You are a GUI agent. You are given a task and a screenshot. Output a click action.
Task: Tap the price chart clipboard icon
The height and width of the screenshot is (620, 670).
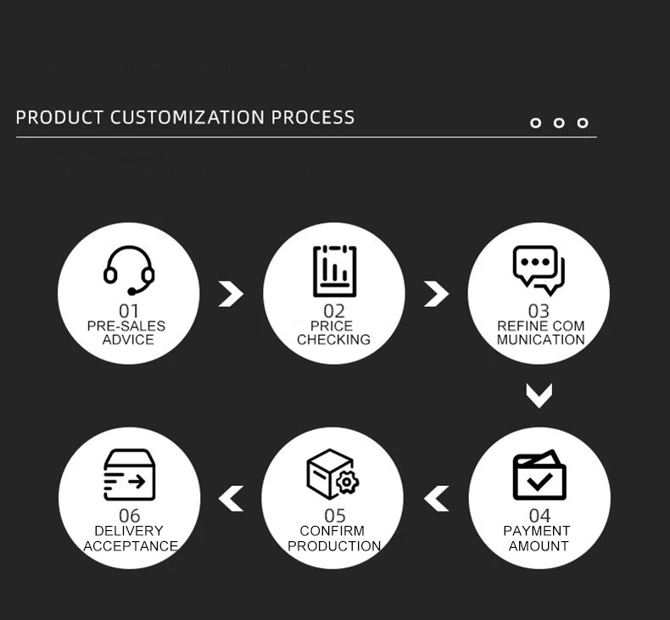334,271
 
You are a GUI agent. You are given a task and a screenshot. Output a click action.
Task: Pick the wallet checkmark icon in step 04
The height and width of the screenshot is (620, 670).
539,476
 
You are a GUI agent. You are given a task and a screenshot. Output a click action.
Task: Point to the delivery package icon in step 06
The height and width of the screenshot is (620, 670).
129,475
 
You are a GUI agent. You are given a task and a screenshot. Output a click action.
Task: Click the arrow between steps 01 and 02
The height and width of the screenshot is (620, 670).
230,293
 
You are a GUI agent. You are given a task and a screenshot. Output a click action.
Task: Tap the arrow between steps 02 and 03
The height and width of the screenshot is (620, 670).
436,293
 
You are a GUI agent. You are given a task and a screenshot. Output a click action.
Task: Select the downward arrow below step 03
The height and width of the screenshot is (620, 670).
539,394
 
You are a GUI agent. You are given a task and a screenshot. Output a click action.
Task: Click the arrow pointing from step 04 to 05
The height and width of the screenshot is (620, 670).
437,499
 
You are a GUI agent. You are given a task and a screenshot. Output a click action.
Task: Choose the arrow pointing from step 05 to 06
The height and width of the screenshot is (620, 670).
231,499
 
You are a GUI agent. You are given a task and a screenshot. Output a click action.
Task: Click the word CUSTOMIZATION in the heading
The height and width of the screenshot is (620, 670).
187,117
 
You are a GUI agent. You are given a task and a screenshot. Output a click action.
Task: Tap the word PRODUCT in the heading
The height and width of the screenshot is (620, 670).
59,117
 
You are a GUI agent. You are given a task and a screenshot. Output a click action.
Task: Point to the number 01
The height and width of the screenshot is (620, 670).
128,311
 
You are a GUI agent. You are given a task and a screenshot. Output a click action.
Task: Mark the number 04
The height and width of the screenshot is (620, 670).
539,516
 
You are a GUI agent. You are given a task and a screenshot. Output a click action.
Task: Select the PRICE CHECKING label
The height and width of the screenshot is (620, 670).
333,332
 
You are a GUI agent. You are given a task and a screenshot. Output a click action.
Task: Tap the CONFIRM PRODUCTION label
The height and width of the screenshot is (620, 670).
333,539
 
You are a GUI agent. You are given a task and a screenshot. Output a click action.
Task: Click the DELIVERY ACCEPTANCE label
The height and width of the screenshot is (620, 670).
130,539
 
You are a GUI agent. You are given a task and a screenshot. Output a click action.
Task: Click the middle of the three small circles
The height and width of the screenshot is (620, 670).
559,123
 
